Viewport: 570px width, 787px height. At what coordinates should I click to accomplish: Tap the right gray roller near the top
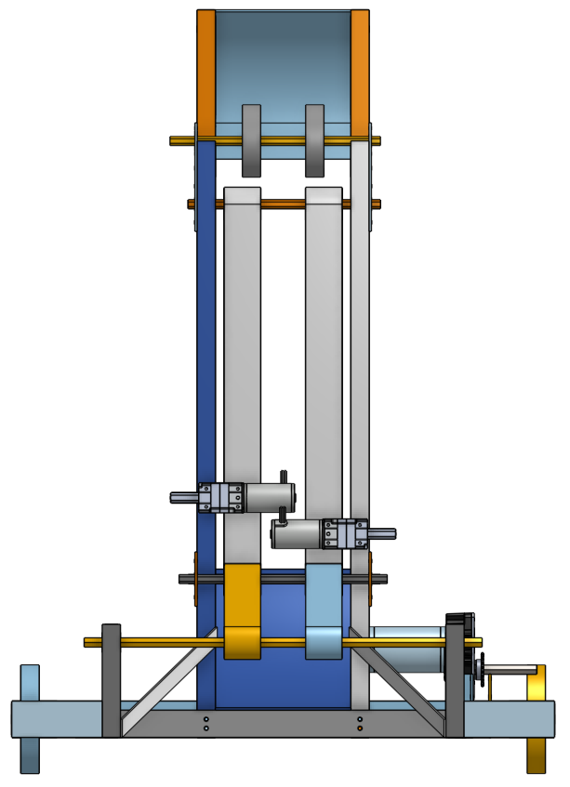click(315, 140)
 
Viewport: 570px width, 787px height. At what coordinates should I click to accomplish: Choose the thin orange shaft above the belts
click(284, 203)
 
